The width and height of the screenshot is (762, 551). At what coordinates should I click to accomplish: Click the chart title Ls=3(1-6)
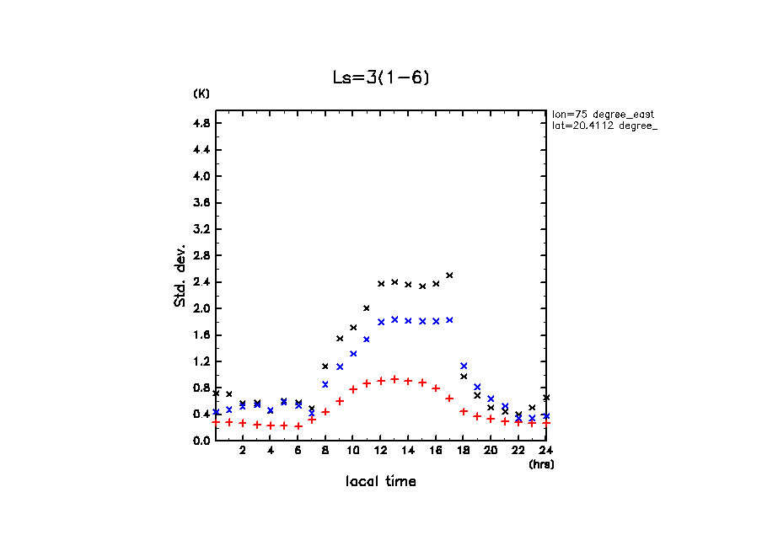click(x=381, y=78)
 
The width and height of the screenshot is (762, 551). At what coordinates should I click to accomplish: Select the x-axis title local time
click(x=380, y=482)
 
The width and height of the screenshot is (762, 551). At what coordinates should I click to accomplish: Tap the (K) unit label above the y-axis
click(x=201, y=93)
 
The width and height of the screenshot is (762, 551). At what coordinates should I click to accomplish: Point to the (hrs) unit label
click(x=541, y=463)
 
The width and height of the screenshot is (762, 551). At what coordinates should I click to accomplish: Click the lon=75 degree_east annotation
click(x=603, y=113)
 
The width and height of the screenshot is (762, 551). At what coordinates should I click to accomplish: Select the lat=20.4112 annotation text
click(x=599, y=126)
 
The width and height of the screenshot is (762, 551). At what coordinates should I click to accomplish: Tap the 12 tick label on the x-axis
click(x=380, y=451)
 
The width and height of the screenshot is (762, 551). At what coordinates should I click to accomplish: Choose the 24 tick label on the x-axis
click(x=546, y=451)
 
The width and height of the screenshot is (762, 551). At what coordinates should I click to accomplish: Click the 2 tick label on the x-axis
click(x=243, y=451)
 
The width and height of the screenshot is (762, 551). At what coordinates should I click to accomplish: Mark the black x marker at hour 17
click(x=449, y=275)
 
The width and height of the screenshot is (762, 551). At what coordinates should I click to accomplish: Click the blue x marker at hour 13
click(x=394, y=319)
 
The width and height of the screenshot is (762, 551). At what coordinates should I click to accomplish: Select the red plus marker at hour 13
click(x=394, y=379)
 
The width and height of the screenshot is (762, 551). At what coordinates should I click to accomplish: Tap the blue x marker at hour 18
click(x=464, y=366)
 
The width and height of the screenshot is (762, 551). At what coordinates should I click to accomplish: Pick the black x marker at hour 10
click(x=353, y=327)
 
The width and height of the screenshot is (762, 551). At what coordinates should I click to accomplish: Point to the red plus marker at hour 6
click(x=298, y=426)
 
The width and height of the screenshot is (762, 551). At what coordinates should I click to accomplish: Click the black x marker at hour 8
click(x=325, y=366)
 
